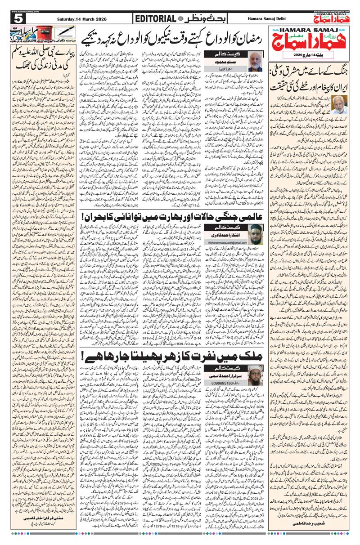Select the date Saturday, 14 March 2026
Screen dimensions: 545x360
tap(82, 18)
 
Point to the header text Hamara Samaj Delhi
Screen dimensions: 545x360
tap(269, 18)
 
